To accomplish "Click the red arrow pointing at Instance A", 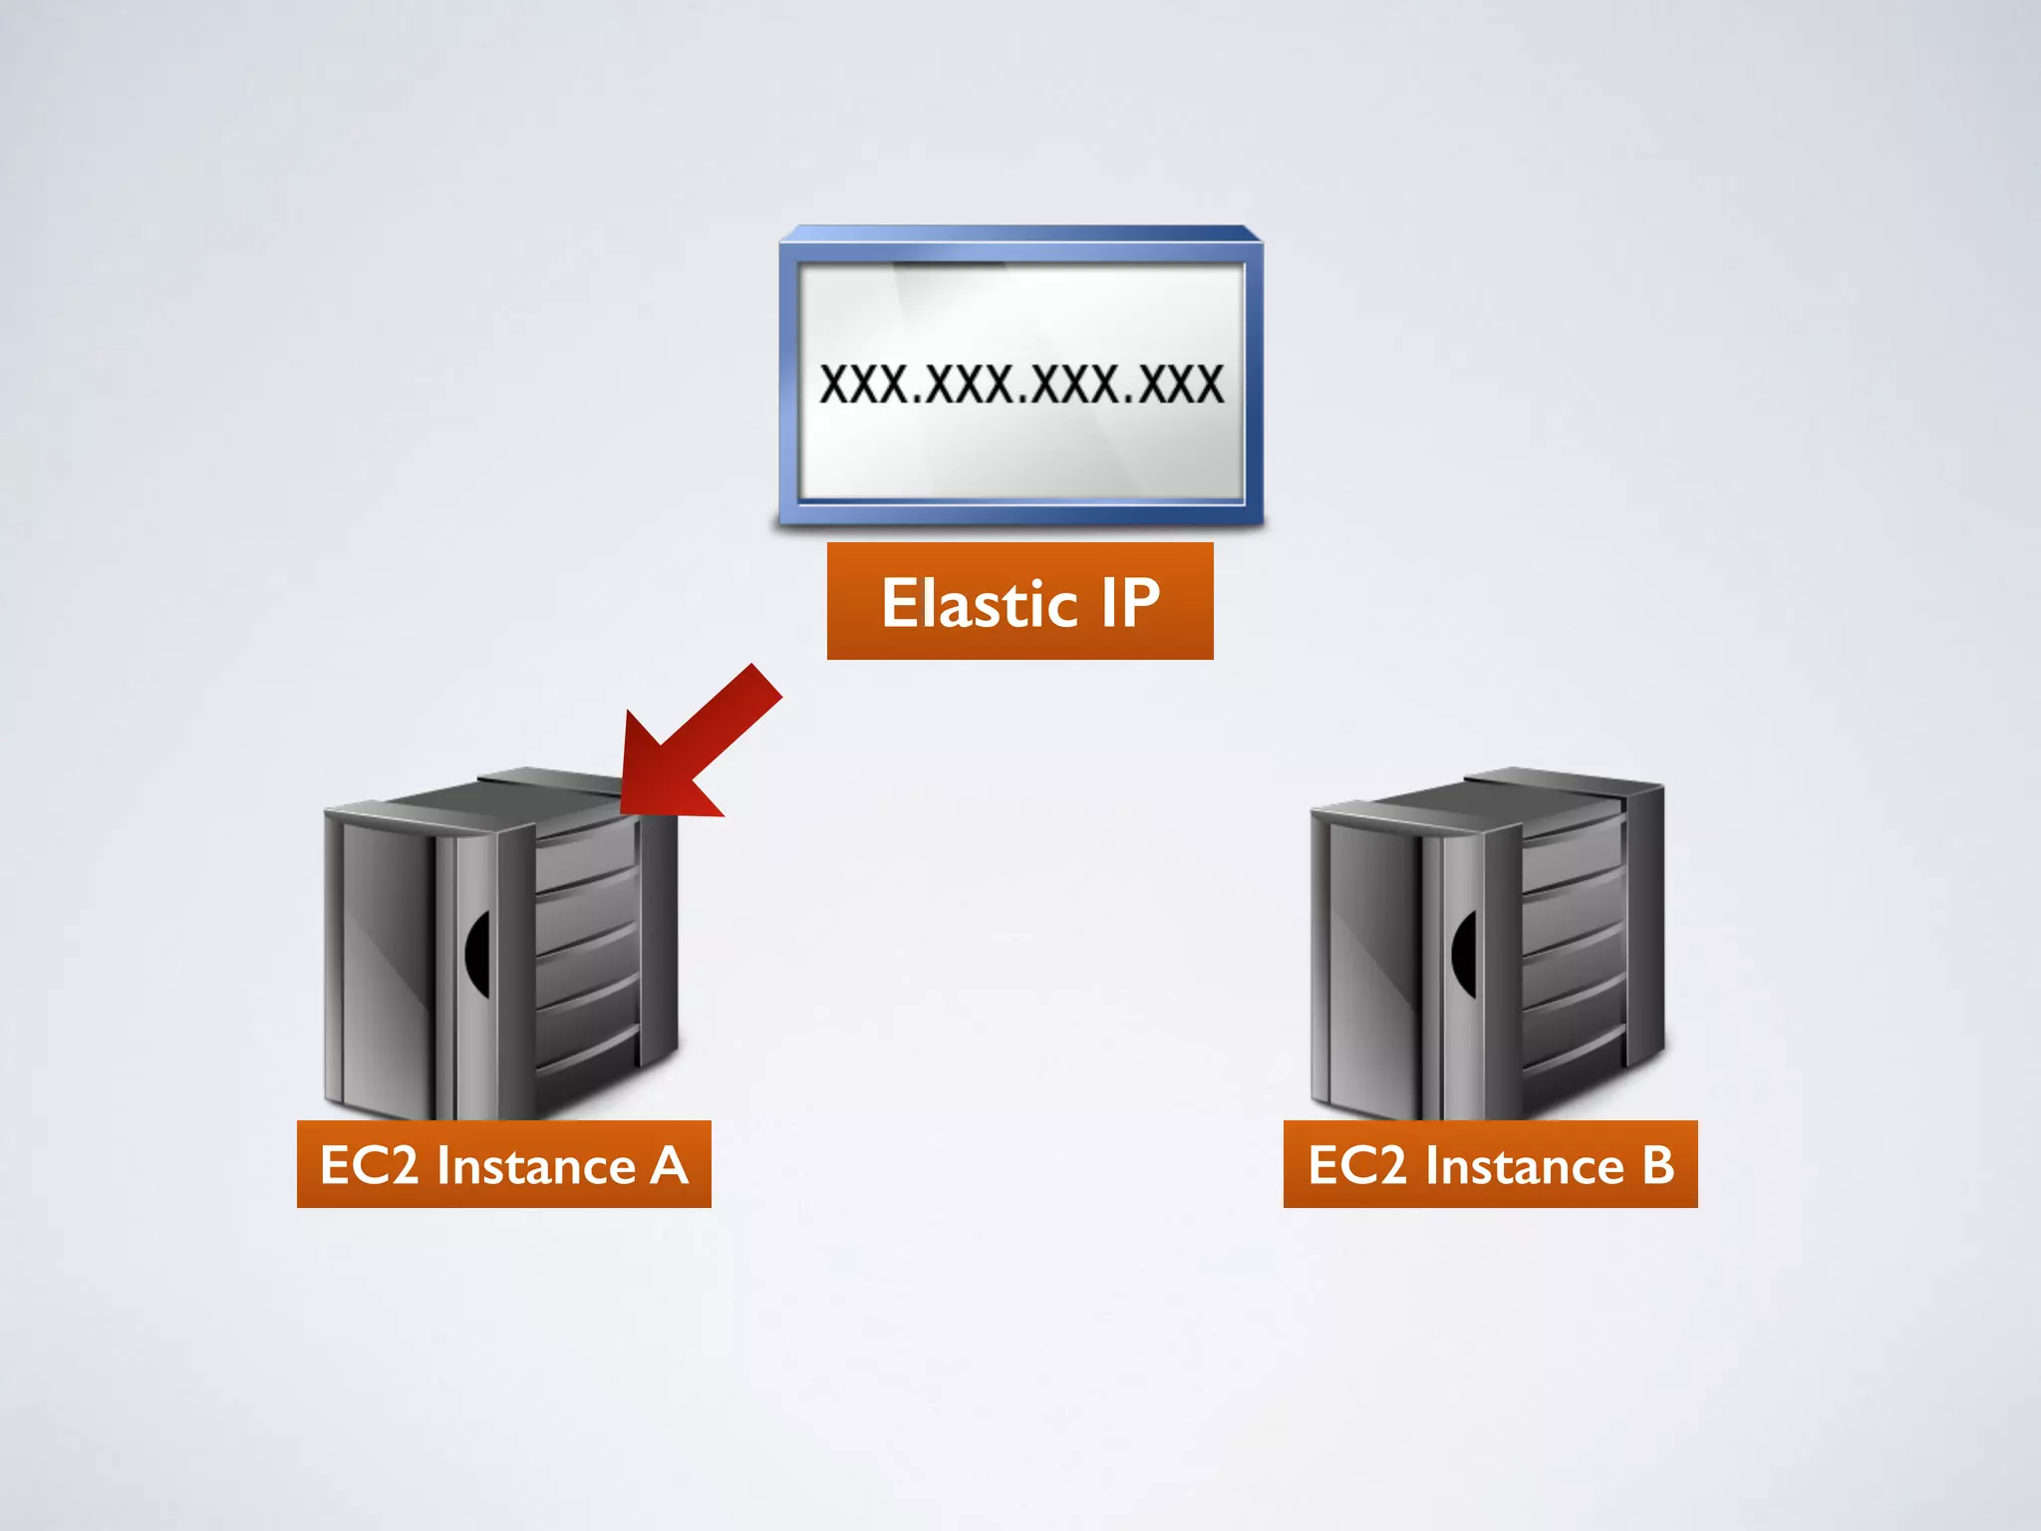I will pos(698,743).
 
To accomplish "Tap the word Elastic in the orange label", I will pos(979,604).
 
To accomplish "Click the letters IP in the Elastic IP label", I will pos(1130,602).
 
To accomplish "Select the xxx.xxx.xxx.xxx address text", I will pos(1020,385).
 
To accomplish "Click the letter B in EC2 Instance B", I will pos(1657,1165).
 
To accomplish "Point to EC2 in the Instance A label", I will pos(369,1165).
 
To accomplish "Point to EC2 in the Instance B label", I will pos(1356,1165).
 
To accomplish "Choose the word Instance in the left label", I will pos(536,1165).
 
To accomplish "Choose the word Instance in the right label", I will pos(1524,1165).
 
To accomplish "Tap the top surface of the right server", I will pos(1475,792).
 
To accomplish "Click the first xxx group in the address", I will pos(863,385).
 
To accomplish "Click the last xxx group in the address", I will pos(1180,385).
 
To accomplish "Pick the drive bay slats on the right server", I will pos(1575,947).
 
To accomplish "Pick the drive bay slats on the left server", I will pos(588,947).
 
